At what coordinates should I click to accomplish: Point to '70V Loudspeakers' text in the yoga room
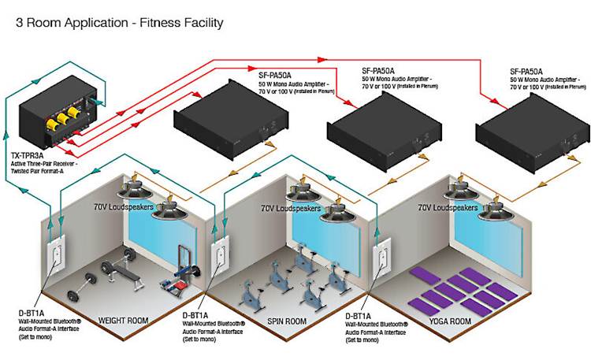pos(447,208)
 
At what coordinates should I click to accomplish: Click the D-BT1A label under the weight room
pos(30,312)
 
